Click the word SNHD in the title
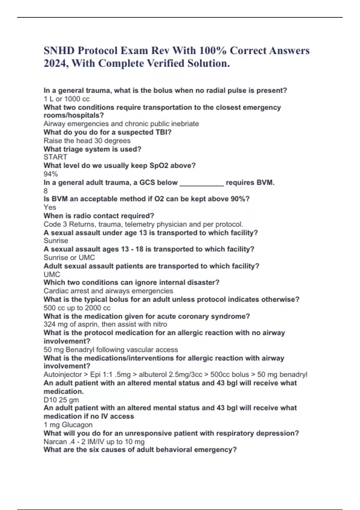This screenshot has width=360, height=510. pyautogui.click(x=59, y=50)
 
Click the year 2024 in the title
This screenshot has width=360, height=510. pyautogui.click(x=54, y=63)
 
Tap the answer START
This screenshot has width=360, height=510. pyautogui.click(x=55, y=157)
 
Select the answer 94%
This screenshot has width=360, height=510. pyautogui.click(x=50, y=174)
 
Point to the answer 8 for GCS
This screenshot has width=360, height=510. pyautogui.click(x=46, y=191)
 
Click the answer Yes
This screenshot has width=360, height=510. pyautogui.click(x=50, y=207)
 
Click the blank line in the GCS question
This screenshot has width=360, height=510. pyautogui.click(x=202, y=183)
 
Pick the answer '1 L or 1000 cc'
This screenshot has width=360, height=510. pyautogui.click(x=66, y=99)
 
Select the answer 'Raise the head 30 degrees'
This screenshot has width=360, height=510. pyautogui.click(x=87, y=141)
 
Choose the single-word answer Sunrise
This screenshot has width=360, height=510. pyautogui.click(x=56, y=241)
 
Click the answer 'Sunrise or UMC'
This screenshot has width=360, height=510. pyautogui.click(x=69, y=257)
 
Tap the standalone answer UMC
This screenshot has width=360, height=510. pyautogui.click(x=52, y=274)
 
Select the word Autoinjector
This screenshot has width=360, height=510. pyautogui.click(x=62, y=374)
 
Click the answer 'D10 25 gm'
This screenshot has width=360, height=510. pyautogui.click(x=61, y=400)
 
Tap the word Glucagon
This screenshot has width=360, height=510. pyautogui.click(x=77, y=425)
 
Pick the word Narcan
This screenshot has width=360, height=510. pyautogui.click(x=55, y=442)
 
